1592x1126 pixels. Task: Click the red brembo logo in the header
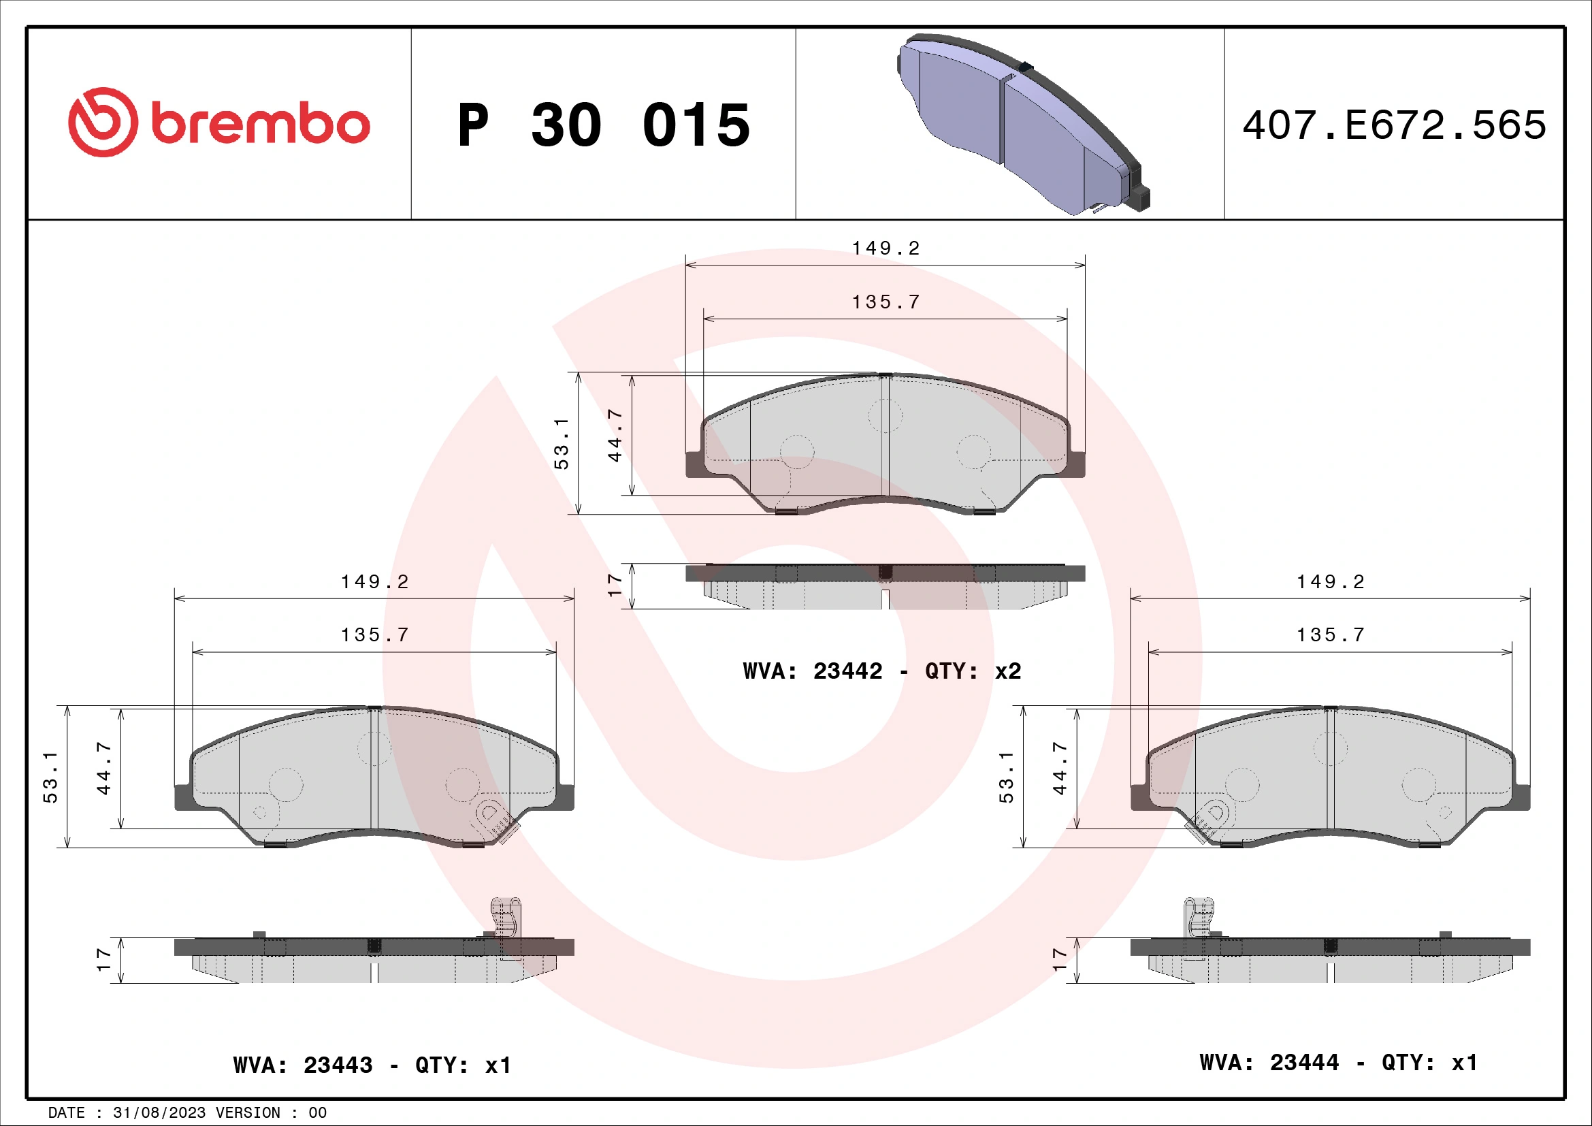coord(218,123)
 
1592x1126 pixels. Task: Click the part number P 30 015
coord(603,125)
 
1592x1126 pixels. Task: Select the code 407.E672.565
coord(1394,125)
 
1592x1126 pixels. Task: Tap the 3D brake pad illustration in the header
coord(1023,125)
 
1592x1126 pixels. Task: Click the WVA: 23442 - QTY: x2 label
coord(881,671)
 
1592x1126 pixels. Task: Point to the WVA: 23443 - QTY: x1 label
coord(372,1065)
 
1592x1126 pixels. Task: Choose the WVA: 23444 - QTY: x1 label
coord(1337,1062)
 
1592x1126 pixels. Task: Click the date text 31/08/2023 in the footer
coord(159,1113)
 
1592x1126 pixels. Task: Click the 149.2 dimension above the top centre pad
coord(886,248)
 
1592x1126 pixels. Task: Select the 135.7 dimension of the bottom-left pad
coord(374,635)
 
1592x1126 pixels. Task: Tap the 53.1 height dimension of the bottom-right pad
coord(1006,777)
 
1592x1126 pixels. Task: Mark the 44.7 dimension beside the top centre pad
coord(615,436)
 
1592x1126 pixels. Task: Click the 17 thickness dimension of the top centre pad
coord(615,586)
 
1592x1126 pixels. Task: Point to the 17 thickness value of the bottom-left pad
coord(103,961)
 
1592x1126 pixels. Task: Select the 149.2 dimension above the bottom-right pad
coord(1330,581)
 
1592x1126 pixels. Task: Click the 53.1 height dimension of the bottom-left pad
coord(50,777)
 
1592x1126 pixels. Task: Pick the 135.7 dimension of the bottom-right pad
coord(1330,635)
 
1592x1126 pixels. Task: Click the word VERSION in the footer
coord(248,1113)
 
